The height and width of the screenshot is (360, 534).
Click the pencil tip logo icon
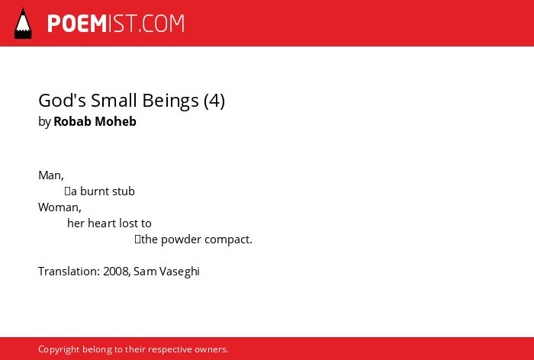coord(23,23)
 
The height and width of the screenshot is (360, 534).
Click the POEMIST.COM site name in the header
coord(116,24)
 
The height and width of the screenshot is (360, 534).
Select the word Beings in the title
coord(171,101)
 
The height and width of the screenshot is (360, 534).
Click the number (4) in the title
coord(214,101)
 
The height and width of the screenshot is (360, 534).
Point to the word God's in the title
coord(63,101)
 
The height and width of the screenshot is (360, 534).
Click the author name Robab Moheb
coord(95,121)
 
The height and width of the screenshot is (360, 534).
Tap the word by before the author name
coord(44,122)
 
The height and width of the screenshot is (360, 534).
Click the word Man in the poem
coord(50,175)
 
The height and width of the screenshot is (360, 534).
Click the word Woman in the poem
coord(59,207)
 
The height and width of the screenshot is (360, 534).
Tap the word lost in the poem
coord(127,223)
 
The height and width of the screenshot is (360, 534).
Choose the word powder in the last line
coord(182,239)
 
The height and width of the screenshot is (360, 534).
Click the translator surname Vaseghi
coord(179,272)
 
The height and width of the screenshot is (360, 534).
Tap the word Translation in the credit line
coord(68,272)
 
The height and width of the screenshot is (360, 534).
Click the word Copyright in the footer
coord(59,349)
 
